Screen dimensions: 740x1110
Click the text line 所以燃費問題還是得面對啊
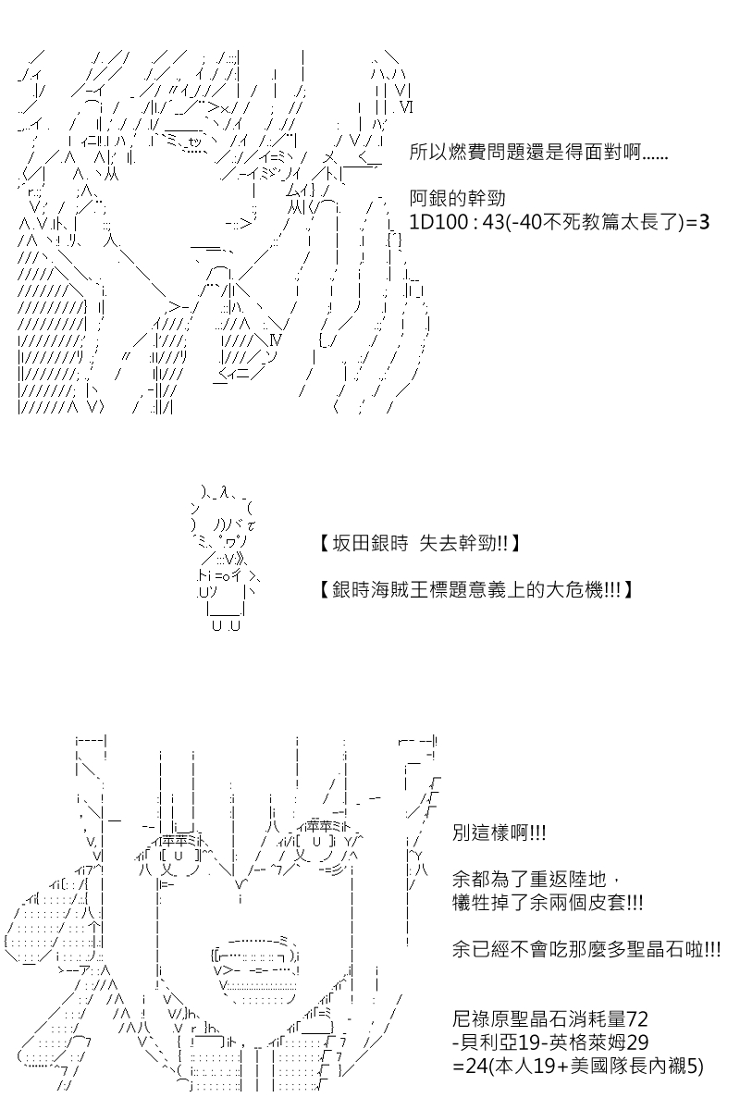539,152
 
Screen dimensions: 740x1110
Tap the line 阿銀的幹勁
457,199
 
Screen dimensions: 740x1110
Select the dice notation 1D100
438,222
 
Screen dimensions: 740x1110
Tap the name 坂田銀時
371,544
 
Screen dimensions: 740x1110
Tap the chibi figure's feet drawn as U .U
226,626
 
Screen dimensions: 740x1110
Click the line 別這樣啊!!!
499,832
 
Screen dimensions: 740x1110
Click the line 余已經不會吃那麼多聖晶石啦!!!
586,949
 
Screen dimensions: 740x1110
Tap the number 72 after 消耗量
637,1018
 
